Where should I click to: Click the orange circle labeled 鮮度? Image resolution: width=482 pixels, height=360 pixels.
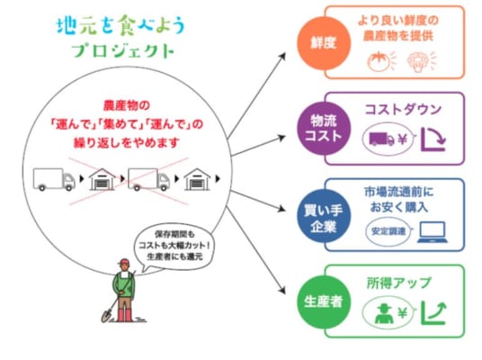pos(324,43)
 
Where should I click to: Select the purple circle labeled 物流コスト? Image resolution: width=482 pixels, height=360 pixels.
pos(324,129)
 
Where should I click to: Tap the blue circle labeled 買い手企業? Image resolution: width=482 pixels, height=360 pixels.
pos(324,216)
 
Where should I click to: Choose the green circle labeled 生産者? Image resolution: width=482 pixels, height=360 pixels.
pos(324,301)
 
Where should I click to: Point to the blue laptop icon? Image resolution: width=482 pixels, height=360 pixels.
pos(433,232)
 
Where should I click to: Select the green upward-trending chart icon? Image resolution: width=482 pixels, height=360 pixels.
pos(433,313)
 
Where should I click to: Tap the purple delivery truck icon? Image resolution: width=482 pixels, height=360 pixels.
pos(381,139)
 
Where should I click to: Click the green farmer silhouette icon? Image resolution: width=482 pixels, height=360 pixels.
pos(384,313)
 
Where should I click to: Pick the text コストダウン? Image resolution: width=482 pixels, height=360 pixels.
pos(403,110)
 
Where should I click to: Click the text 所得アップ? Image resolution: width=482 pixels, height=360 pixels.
pos(398,283)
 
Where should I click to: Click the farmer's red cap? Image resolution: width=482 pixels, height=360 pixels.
pos(123,262)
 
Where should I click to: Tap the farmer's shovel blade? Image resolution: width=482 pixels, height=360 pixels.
pos(106,316)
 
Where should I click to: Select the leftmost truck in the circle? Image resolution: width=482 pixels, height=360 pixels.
pos(54,179)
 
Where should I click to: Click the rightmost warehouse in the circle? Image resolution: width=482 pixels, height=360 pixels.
pos(197,179)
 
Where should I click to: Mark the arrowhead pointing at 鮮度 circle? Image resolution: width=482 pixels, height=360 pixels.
pos(281,57)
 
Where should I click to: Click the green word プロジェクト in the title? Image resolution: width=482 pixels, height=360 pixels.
pos(123,51)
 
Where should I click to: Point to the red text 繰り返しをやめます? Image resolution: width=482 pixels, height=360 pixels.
pos(126,143)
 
